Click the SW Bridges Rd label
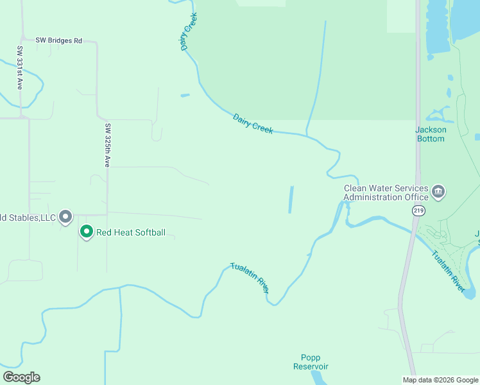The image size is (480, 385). coord(59,40)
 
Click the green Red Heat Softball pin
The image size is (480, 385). coord(86,231)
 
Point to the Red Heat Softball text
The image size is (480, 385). coord(131,232)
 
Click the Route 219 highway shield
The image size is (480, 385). coord(418,210)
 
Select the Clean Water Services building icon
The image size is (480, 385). coord(438,191)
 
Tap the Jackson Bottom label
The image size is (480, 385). coord(431,134)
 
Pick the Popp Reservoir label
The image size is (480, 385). coord(311,362)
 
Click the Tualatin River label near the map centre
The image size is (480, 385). coord(250,278)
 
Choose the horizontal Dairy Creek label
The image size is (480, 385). coord(253,124)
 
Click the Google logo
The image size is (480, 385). coord(21,377)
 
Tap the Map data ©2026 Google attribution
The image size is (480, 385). coord(440,380)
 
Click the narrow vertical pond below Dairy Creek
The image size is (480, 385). coord(291,200)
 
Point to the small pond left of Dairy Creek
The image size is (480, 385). coord(185,96)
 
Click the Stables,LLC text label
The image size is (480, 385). coord(29,218)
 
